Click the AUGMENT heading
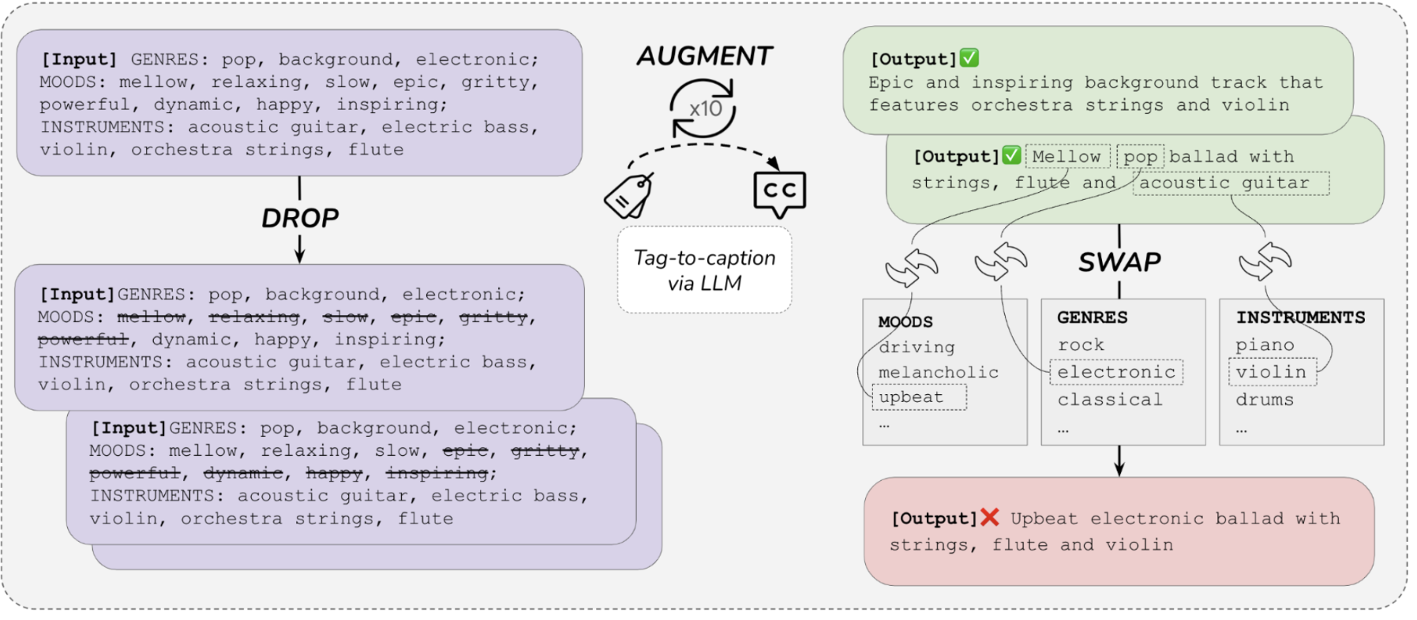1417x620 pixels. tap(704, 56)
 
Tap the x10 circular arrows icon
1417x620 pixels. tap(703, 109)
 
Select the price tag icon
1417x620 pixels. tap(628, 196)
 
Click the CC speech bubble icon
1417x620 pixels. tap(779, 192)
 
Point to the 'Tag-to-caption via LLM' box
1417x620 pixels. tap(704, 270)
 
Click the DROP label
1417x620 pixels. tap(300, 218)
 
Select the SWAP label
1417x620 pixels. tap(1119, 261)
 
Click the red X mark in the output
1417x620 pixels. tap(989, 517)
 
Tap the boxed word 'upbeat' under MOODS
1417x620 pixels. tap(912, 397)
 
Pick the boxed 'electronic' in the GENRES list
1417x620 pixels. tap(1116, 372)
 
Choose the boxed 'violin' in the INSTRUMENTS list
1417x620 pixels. tap(1271, 372)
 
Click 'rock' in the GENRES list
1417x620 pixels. tap(1081, 345)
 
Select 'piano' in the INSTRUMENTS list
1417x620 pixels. tap(1265, 345)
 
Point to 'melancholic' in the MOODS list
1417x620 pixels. tap(939, 372)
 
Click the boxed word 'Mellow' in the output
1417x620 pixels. tap(1066, 156)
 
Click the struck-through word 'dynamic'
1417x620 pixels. tap(243, 473)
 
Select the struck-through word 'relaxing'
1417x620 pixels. tap(254, 318)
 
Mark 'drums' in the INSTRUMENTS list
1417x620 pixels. tap(1265, 400)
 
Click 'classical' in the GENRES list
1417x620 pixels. tap(1110, 400)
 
